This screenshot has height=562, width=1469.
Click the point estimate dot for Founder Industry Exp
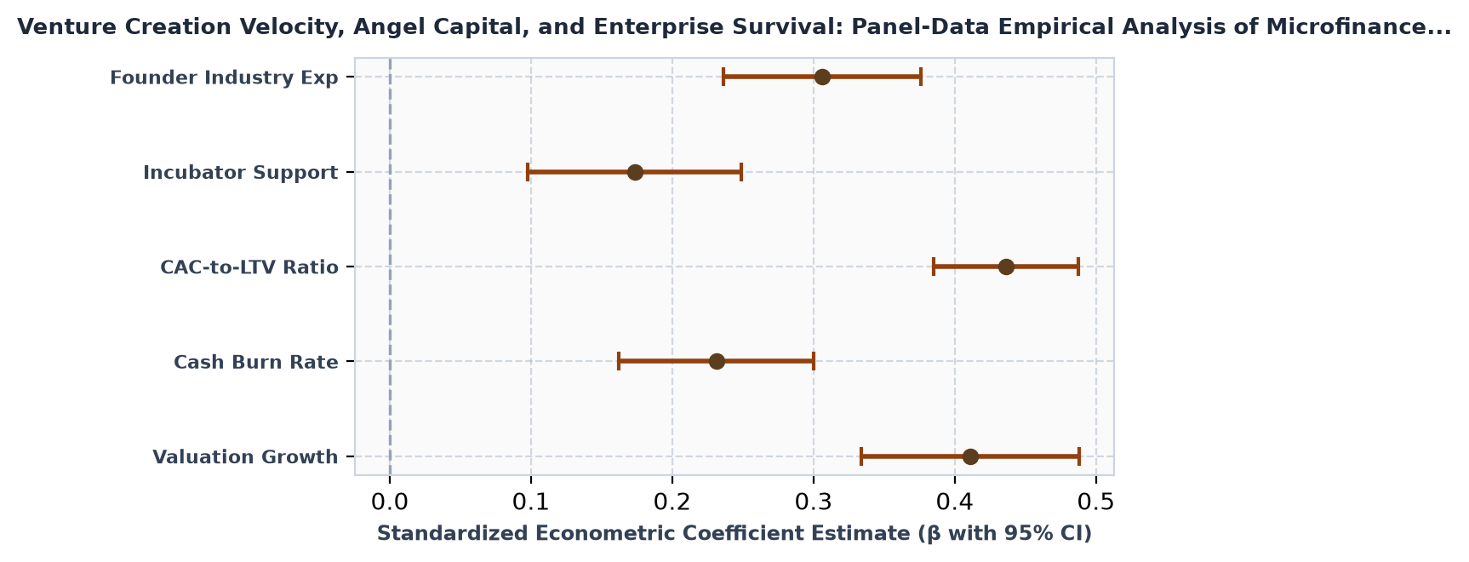coord(822,77)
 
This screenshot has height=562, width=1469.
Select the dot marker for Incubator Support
coord(635,172)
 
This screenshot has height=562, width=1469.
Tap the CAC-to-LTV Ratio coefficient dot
coord(1006,267)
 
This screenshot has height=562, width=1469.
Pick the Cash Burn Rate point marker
coord(717,361)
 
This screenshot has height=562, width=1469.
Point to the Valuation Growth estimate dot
coord(970,456)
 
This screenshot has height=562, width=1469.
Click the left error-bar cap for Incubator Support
coord(528,172)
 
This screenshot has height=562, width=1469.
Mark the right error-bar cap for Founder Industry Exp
coord(921,77)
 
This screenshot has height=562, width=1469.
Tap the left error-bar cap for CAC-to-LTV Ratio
coord(934,267)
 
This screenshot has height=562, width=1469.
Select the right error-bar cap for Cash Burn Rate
coord(814,361)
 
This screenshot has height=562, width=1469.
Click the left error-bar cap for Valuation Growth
coord(861,456)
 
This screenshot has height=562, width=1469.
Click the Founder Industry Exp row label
coord(224,78)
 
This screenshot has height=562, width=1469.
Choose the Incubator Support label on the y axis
coord(241,173)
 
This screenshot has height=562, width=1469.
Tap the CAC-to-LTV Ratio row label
coord(249,267)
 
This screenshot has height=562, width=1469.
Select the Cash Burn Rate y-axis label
coord(256,362)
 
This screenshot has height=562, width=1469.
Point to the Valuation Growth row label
coord(245,457)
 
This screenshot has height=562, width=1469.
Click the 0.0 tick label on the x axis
coord(390,499)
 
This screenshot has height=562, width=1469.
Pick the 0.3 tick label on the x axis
coord(814,499)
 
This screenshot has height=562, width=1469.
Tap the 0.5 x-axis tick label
coord(1096,499)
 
